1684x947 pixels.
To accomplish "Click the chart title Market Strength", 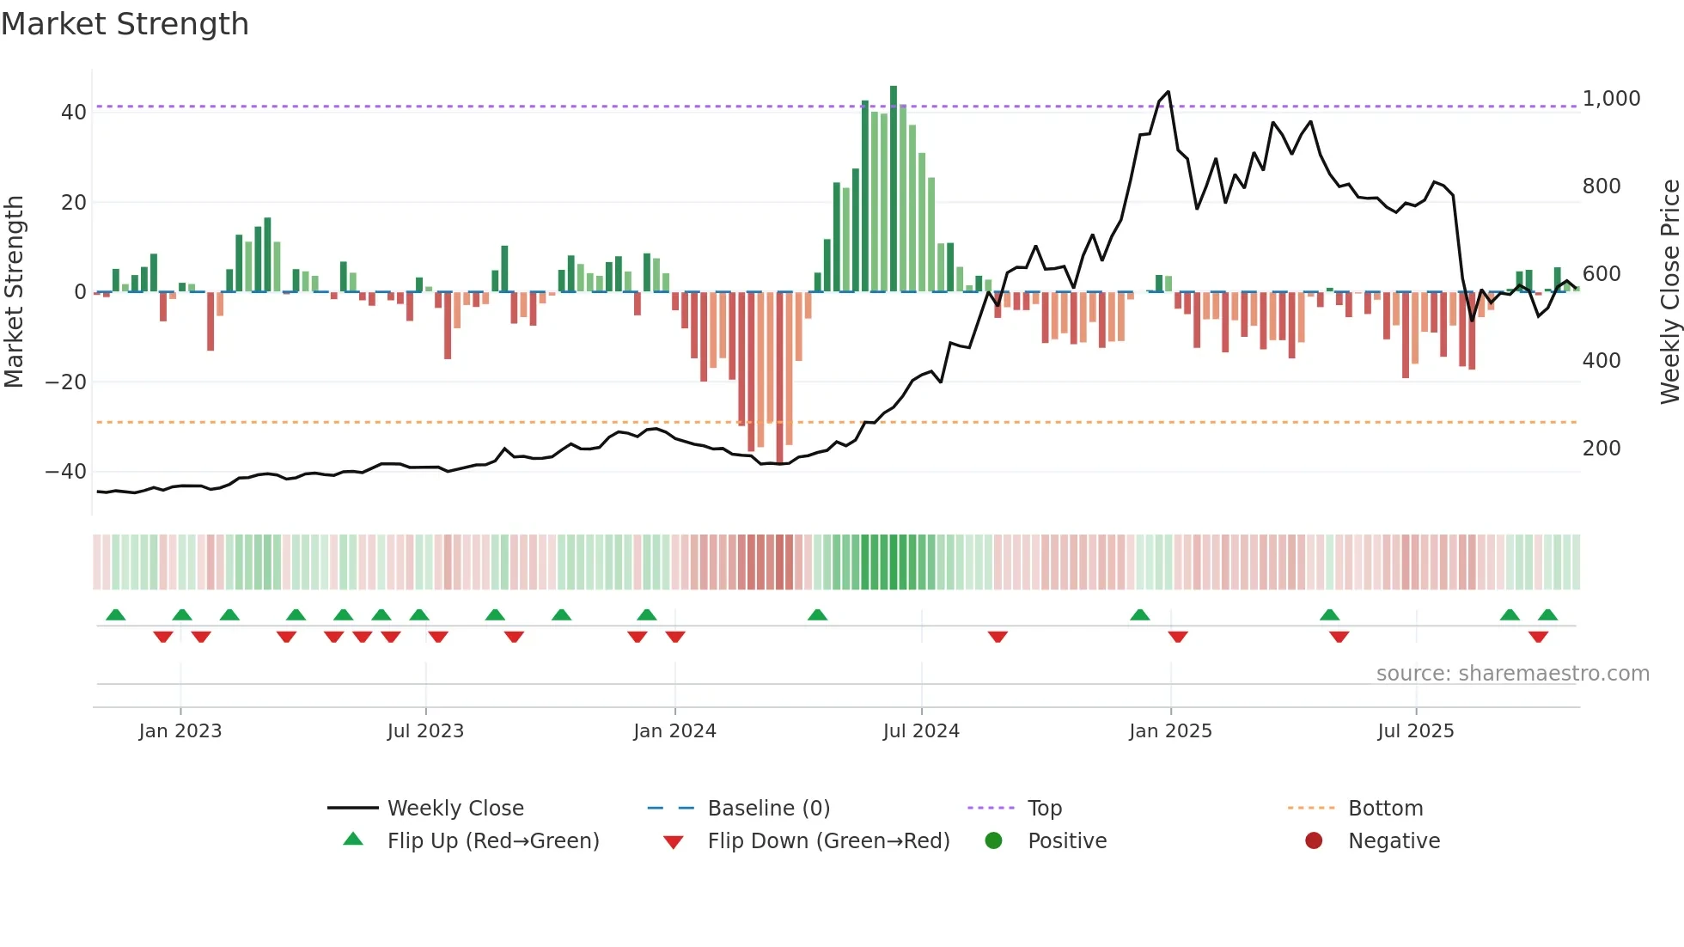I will tap(125, 24).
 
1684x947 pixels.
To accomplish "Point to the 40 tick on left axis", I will tap(74, 113).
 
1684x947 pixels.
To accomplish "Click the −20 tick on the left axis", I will tap(66, 382).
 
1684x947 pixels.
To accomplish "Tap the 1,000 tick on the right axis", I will tap(1611, 99).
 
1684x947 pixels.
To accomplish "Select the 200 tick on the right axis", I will tap(1602, 449).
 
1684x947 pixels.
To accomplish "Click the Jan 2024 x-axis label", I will tap(674, 731).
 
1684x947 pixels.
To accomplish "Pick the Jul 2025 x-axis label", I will tap(1415, 731).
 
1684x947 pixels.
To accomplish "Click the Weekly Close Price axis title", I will tap(1669, 292).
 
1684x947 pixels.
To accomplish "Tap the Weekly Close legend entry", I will tap(455, 809).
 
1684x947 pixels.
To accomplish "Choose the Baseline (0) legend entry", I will tap(768, 809).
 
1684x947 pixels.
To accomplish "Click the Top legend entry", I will tap(1044, 809).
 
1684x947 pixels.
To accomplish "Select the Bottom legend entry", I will tap(1385, 809).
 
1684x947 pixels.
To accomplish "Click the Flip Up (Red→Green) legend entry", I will tap(492, 841).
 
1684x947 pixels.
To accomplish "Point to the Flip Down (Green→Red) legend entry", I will tap(828, 841).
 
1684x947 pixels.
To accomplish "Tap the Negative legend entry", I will tap(1393, 841).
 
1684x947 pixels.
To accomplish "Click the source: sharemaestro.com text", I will tap(1512, 674).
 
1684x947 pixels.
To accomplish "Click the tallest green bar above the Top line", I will tap(894, 95).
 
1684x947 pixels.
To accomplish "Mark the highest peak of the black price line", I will tap(1168, 92).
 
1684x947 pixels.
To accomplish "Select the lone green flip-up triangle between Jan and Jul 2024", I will tap(817, 615).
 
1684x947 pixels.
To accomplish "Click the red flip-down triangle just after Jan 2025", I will tap(1178, 637).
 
